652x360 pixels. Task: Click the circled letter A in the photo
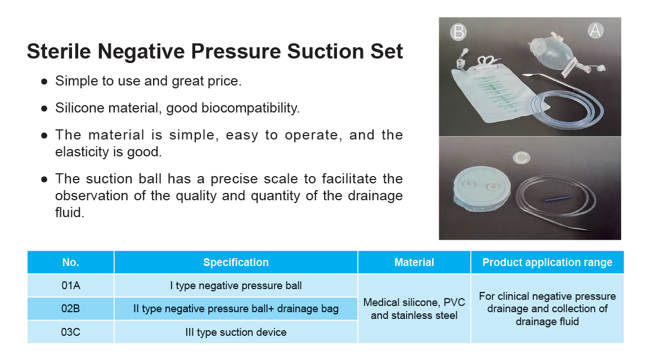[595, 30]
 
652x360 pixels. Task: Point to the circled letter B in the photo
[458, 31]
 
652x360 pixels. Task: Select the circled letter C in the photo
[521, 157]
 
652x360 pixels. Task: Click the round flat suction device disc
[482, 189]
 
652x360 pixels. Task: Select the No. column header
[71, 262]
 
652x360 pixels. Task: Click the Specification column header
[236, 262]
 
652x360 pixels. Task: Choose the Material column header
[414, 262]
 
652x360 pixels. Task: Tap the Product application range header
[547, 262]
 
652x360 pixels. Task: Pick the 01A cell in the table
[71, 286]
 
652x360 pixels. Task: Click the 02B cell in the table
[71, 309]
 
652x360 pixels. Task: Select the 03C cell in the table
[71, 332]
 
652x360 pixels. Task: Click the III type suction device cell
[236, 332]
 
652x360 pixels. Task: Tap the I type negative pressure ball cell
[236, 286]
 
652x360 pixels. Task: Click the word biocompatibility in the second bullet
[250, 108]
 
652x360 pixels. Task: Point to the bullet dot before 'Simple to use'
[44, 82]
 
